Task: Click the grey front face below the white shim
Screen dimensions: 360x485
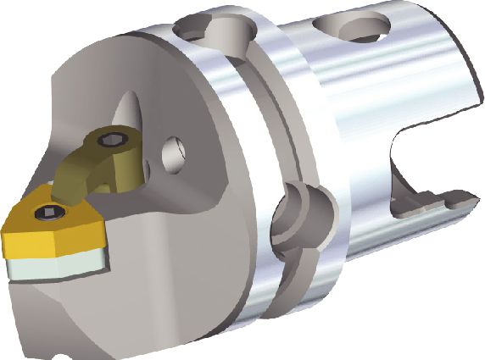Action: coord(51,313)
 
